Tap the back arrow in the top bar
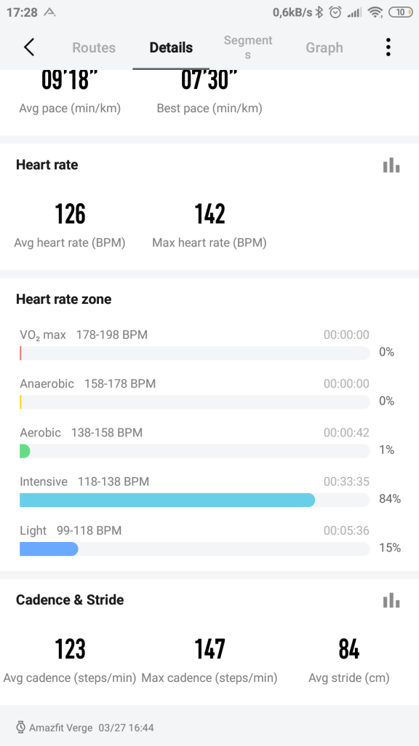coord(29,47)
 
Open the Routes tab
coord(94,47)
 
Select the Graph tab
coord(324,47)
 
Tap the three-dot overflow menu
coord(388,47)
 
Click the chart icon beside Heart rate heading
coord(391,165)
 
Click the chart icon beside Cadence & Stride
coord(391,600)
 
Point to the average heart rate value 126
coord(70,214)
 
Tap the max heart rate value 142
coord(209,214)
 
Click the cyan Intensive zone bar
coord(167,500)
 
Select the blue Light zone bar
coord(49,549)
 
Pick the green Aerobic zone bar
coord(25,451)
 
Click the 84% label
coord(390,499)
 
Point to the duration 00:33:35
coord(346,481)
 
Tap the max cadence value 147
coord(209,648)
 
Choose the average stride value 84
coord(349,648)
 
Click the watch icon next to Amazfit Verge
coord(21,727)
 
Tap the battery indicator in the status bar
coord(399,12)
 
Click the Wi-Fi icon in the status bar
coord(375,12)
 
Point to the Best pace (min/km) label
coord(209,109)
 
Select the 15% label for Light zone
coord(390,548)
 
